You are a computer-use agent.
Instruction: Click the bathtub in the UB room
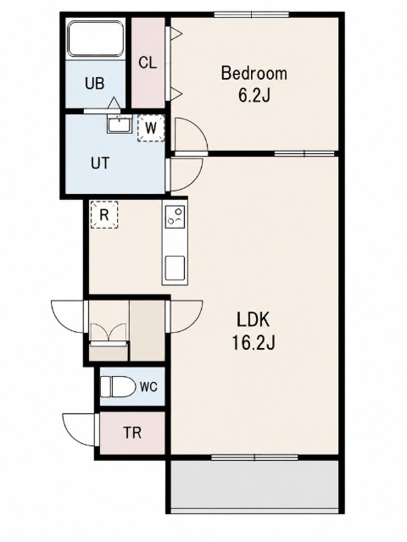click(96, 38)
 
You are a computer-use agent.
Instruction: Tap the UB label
click(95, 84)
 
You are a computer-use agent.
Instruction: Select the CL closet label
click(148, 63)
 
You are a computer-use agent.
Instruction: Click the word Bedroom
click(254, 74)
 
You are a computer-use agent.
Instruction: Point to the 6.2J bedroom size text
click(254, 96)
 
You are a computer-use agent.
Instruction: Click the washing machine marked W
click(151, 128)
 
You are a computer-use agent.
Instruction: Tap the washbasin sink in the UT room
click(119, 124)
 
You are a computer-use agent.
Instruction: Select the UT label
click(100, 163)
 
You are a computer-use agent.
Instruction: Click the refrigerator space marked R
click(104, 214)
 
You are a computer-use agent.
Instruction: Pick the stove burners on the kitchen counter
click(175, 216)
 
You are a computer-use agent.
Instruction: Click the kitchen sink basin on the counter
click(175, 268)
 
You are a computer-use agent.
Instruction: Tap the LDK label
click(253, 320)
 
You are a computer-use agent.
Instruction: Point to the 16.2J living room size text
click(253, 343)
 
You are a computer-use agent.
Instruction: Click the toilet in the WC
click(118, 386)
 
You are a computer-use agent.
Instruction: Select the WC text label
click(149, 387)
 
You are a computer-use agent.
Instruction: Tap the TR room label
click(133, 433)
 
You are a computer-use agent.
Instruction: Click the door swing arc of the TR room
click(70, 433)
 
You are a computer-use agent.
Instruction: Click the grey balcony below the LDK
click(254, 485)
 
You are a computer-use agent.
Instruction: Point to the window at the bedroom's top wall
click(251, 14)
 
